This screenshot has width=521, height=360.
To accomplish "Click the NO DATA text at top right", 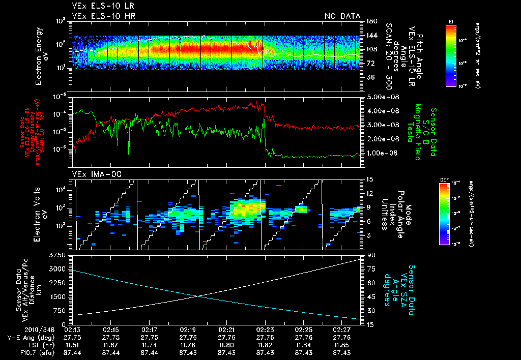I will [x=342, y=16].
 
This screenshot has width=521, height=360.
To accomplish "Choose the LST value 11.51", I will [x=73, y=345].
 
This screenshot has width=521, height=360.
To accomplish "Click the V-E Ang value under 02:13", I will [x=73, y=337].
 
